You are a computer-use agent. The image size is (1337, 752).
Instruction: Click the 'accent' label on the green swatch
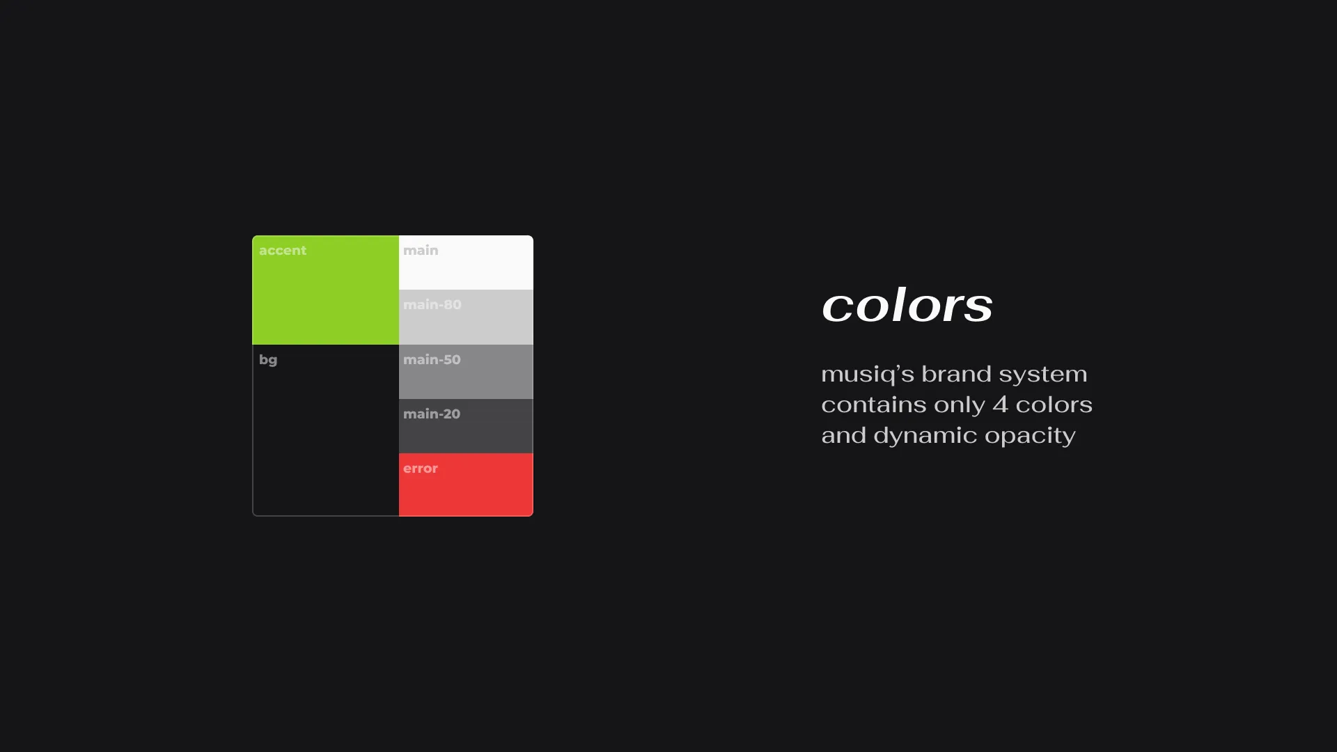click(x=283, y=251)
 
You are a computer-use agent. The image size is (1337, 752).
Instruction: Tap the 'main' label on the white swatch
click(x=421, y=251)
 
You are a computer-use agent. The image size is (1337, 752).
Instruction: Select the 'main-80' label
click(x=432, y=305)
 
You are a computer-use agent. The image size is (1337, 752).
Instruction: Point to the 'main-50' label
click(x=432, y=360)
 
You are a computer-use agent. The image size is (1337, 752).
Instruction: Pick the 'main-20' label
click(x=432, y=414)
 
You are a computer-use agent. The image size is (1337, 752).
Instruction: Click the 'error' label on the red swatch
click(x=421, y=469)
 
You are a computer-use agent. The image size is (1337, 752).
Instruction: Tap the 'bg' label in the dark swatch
click(x=268, y=361)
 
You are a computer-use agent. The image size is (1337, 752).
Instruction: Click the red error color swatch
click(x=466, y=485)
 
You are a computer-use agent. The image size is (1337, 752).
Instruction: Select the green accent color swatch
click(x=326, y=290)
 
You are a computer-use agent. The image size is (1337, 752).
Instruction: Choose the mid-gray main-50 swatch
click(x=466, y=372)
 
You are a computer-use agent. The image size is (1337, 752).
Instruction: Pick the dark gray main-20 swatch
click(x=466, y=426)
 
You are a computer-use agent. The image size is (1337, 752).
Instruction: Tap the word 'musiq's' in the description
click(x=868, y=375)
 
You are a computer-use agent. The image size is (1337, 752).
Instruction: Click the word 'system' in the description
click(x=1043, y=375)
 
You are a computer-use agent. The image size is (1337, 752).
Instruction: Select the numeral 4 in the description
click(x=1000, y=405)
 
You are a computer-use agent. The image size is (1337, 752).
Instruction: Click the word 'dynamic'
click(x=925, y=436)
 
